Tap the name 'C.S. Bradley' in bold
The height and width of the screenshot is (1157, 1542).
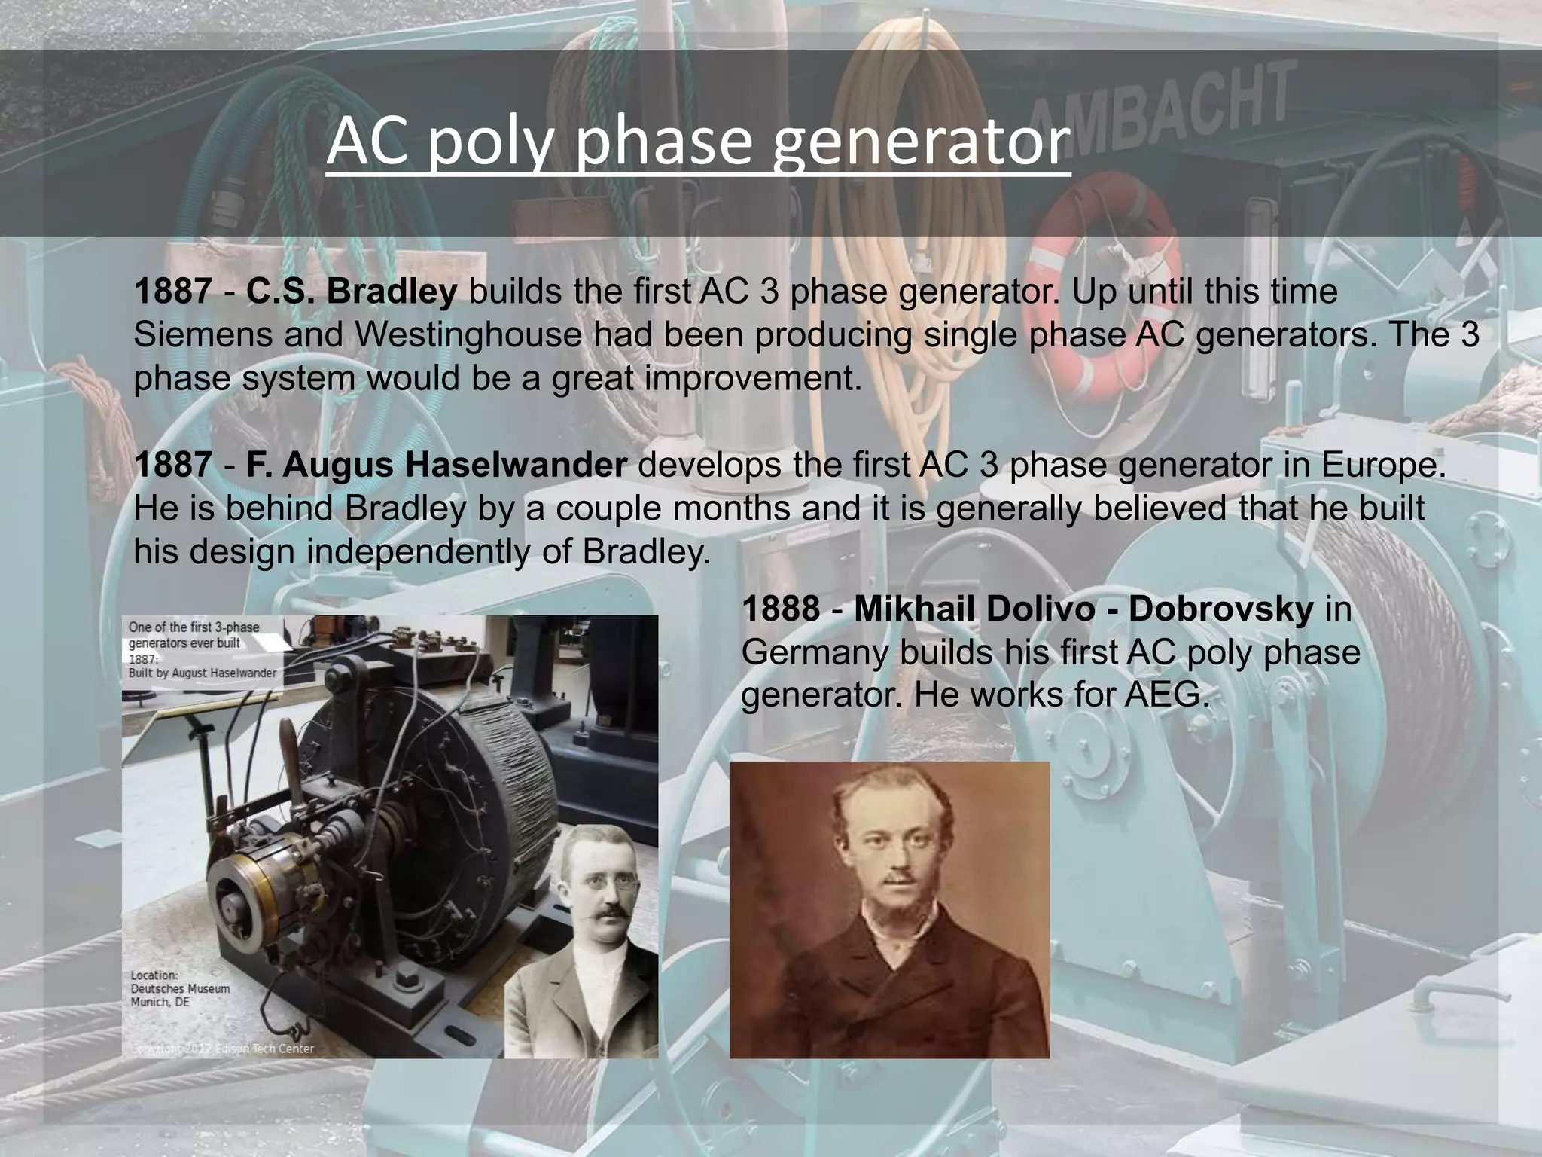(x=351, y=292)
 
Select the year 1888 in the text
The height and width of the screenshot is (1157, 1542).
(x=781, y=609)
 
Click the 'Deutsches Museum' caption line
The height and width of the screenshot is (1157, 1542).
(x=180, y=988)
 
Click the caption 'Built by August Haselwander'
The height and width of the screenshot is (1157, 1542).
(x=202, y=673)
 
